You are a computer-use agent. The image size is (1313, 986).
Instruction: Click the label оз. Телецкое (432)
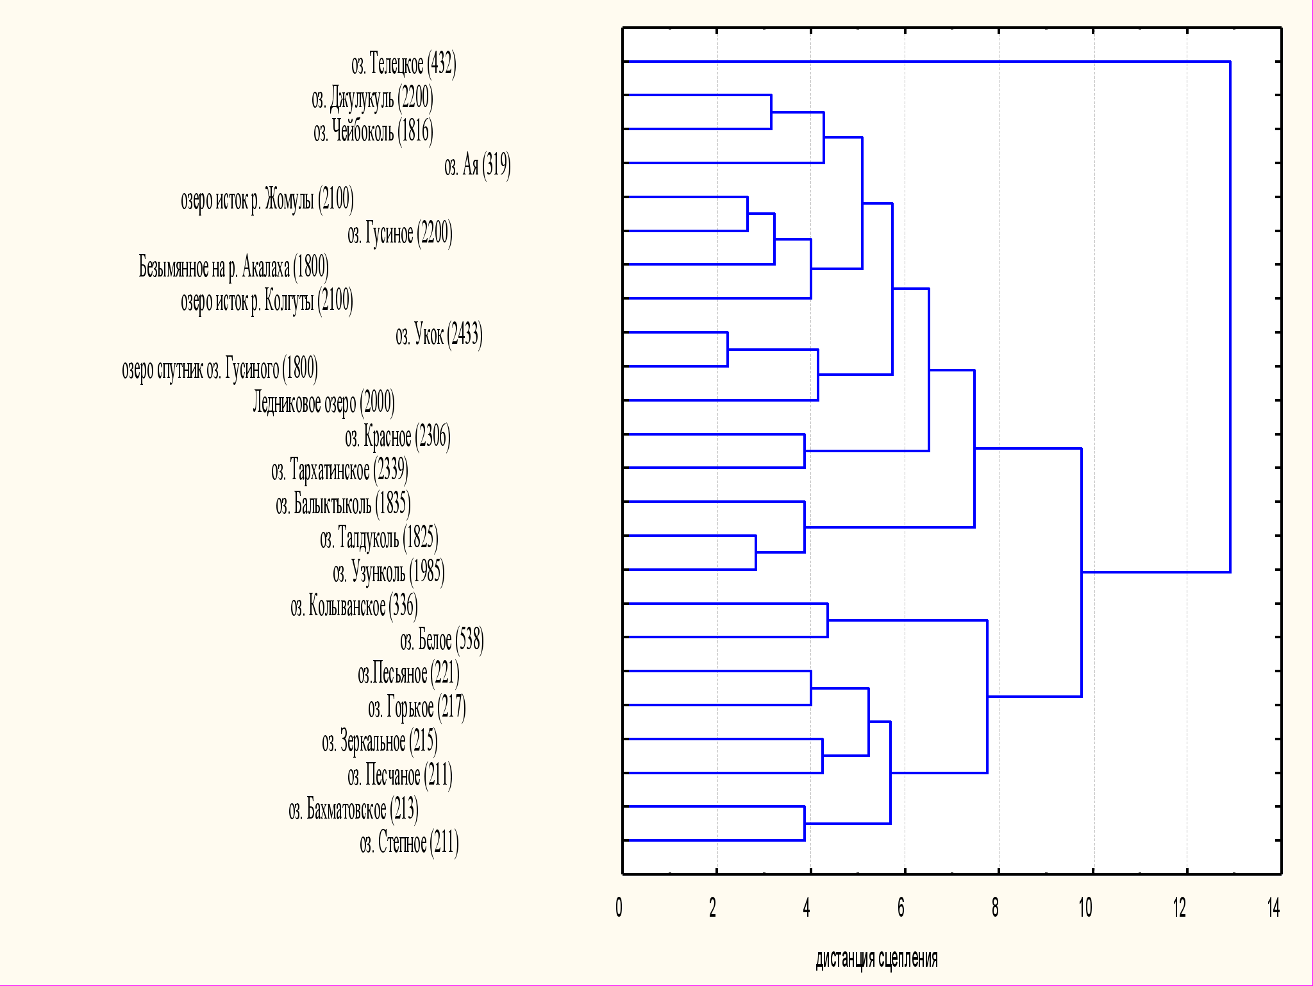404,65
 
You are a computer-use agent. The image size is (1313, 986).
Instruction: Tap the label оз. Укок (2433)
439,335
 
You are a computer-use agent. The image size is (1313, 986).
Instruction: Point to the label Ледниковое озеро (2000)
324,403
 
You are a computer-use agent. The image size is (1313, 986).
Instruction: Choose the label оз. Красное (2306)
397,437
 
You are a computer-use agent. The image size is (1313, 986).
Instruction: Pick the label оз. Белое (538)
442,640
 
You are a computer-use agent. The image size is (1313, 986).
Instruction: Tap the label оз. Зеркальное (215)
380,742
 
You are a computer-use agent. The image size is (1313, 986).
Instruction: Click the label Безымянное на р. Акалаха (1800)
234,267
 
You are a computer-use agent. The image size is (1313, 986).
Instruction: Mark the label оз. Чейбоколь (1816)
373,132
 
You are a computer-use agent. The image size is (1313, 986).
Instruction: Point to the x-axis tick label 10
1085,908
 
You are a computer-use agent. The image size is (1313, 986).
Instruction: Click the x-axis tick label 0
619,908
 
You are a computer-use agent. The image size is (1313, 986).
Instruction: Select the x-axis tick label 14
1273,908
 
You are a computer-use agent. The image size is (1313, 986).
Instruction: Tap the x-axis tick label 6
901,908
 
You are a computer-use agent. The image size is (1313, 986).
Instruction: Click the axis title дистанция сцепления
876,959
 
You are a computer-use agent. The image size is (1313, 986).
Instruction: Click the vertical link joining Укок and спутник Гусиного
728,349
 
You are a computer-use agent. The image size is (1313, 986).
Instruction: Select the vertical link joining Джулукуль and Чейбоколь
771,112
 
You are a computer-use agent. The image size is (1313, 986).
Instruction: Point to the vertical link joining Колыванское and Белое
828,620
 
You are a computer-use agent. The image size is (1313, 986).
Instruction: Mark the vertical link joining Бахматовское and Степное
805,823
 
